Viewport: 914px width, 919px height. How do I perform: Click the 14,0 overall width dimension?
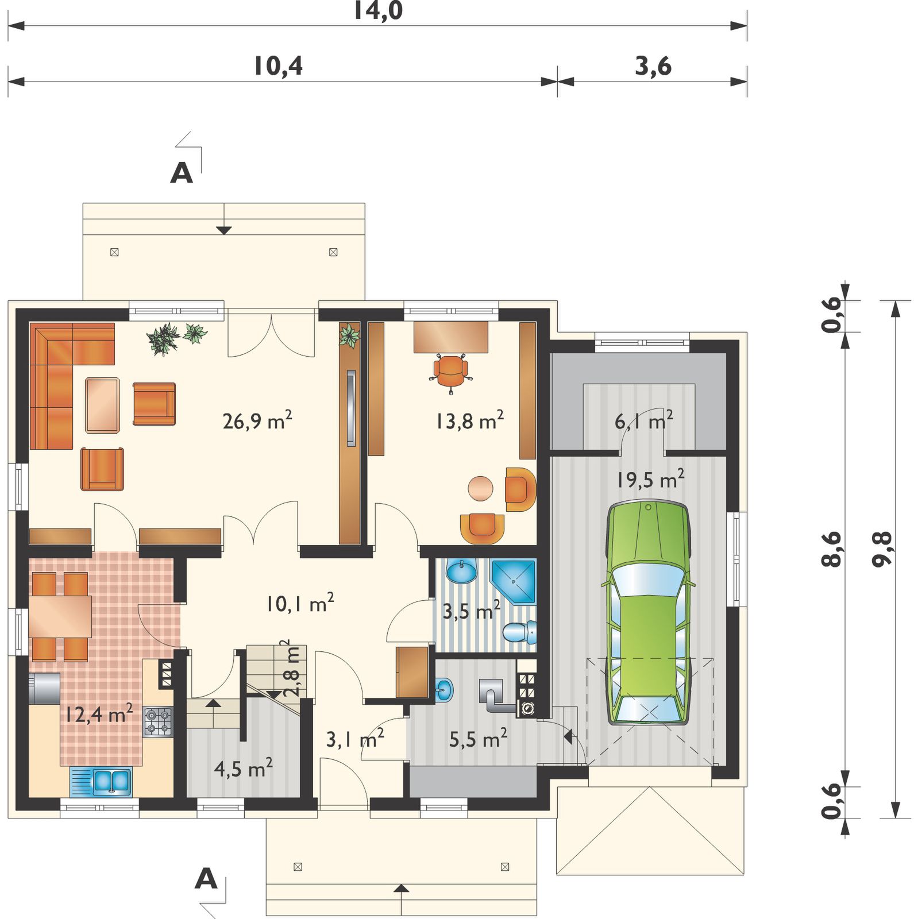coord(377,10)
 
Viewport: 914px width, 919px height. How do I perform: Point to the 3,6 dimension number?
coord(653,66)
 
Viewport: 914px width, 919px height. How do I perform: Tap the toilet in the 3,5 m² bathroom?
coord(520,632)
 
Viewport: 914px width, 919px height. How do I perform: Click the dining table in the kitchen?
coord(60,616)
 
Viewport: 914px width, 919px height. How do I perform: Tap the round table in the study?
coord(480,489)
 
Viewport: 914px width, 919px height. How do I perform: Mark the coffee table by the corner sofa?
coord(103,405)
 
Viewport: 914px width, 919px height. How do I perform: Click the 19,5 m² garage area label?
coord(650,479)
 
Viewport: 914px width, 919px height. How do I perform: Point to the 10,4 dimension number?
coord(278,66)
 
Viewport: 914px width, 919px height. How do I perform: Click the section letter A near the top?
coord(182,172)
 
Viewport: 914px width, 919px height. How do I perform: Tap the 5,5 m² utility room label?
coord(478,739)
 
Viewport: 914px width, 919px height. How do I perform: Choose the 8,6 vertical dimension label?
coord(832,549)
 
